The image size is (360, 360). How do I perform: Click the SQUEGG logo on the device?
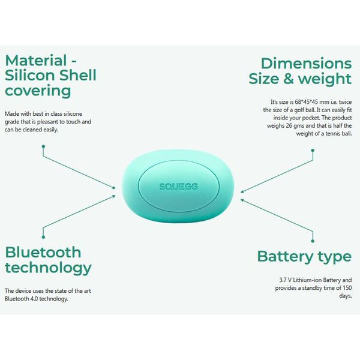178,187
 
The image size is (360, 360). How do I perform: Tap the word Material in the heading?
35,61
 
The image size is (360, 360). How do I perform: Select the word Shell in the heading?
78,76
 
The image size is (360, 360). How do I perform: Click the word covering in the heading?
38,91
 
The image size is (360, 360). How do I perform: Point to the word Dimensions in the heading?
306,64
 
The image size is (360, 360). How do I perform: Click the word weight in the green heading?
325,79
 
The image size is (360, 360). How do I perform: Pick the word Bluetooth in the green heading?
43,253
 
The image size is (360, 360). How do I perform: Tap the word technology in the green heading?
48,268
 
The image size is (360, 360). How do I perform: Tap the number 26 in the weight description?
289,126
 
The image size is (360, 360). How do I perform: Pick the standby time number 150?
347,288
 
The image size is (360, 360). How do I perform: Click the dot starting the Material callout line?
43,146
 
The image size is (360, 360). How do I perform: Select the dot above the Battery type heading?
313,241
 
